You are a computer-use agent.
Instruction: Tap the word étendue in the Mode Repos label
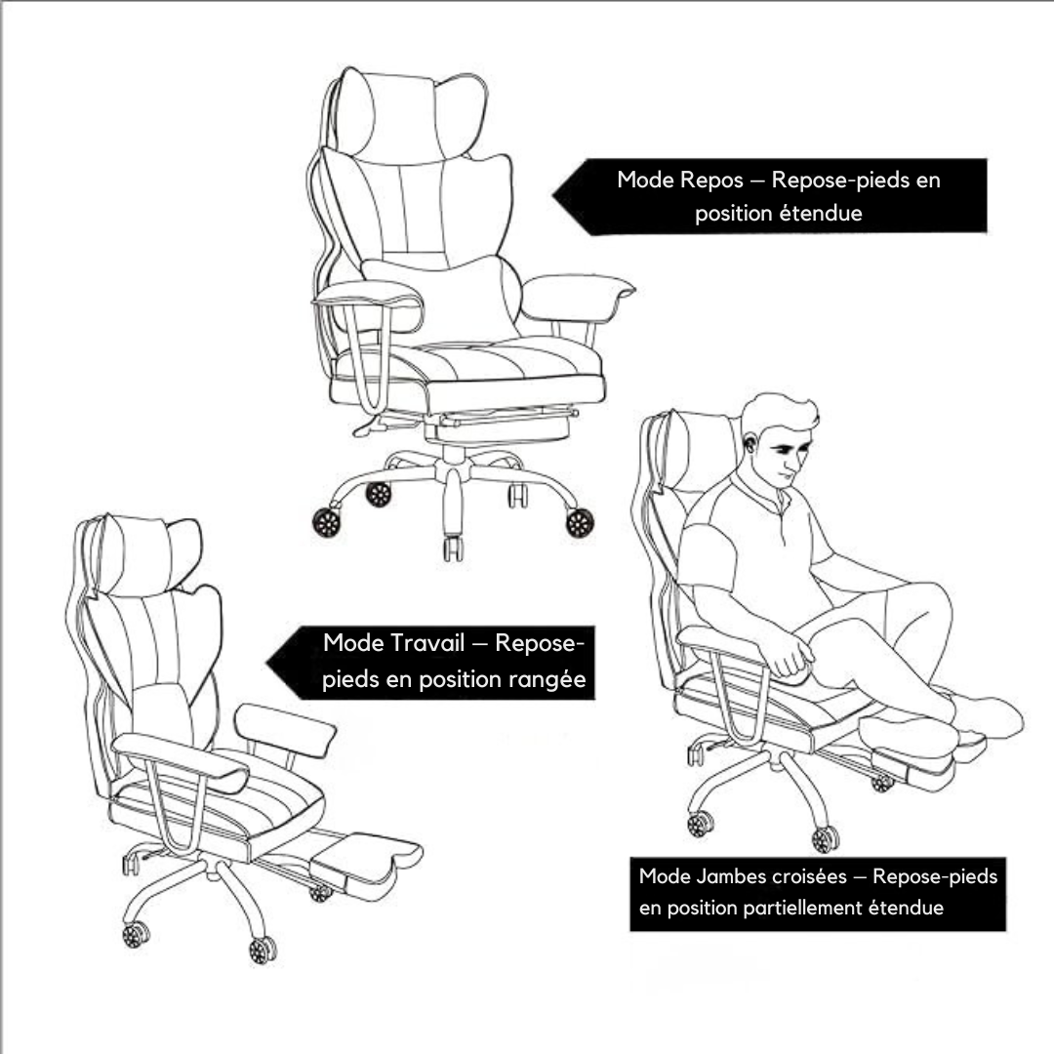point(824,214)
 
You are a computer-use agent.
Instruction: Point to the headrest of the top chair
point(409,115)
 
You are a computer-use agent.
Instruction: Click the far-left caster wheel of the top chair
point(326,522)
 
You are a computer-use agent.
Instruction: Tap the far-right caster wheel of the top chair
point(580,523)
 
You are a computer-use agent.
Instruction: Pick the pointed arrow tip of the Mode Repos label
point(553,195)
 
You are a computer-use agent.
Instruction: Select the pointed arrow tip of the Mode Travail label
point(267,663)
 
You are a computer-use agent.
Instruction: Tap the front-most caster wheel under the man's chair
point(826,839)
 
